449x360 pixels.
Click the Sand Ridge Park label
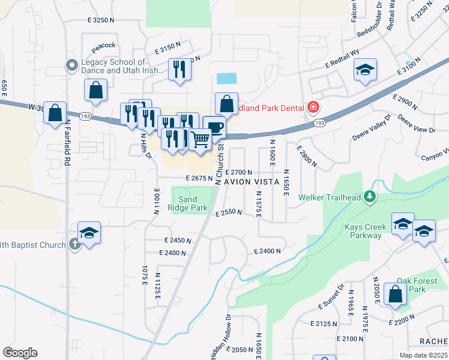click(188, 203)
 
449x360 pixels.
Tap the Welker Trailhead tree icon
click(372, 196)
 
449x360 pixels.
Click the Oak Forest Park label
click(411, 285)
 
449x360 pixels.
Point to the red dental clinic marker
click(312, 108)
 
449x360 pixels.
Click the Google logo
click(20, 353)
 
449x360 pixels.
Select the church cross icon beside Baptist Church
click(74, 244)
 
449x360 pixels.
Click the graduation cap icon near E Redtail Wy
click(364, 70)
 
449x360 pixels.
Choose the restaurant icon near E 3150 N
click(179, 70)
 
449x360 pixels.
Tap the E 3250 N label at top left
click(100, 20)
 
